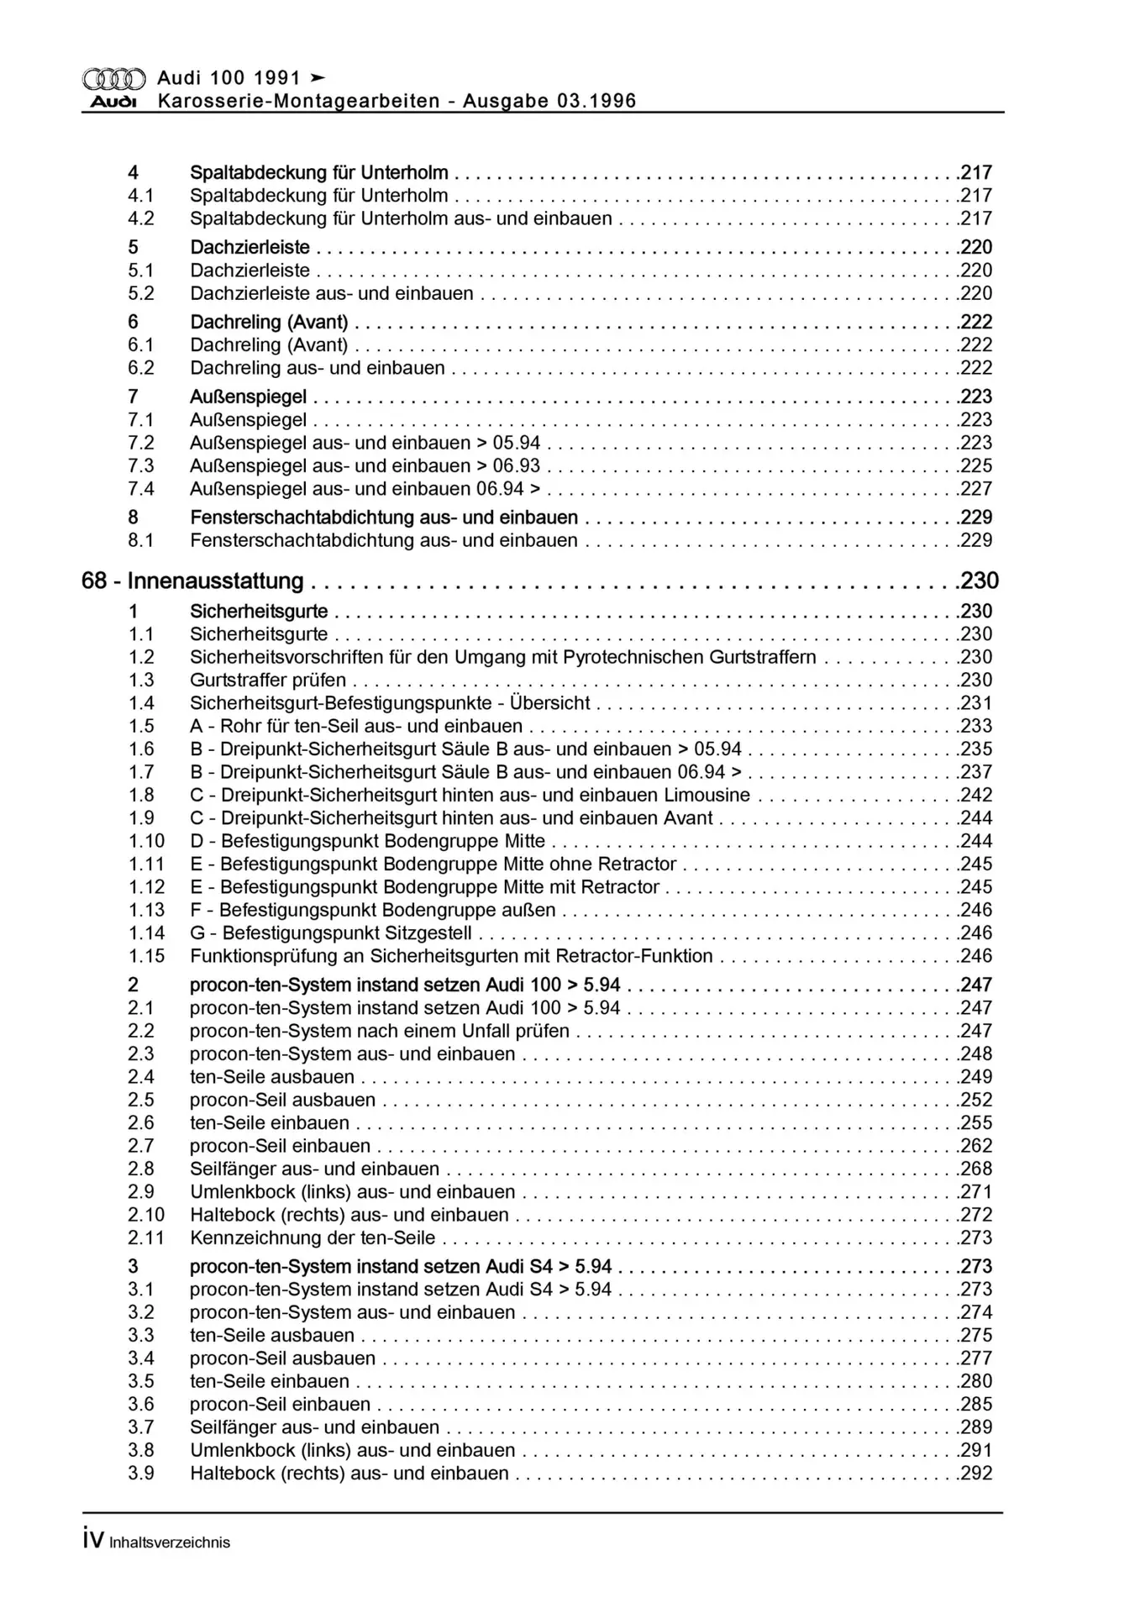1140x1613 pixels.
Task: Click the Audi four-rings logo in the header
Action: (113, 79)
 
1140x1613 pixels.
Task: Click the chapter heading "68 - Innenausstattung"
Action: (192, 581)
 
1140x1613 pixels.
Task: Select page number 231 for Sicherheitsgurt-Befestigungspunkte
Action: (976, 703)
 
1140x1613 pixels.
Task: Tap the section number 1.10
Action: (146, 841)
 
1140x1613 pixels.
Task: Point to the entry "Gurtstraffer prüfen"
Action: (268, 680)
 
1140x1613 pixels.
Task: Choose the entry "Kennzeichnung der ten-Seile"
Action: (313, 1237)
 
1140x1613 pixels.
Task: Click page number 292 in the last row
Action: (976, 1473)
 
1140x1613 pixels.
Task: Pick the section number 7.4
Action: (141, 489)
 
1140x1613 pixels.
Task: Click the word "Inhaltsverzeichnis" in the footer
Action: (170, 1542)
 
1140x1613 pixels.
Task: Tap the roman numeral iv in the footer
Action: (93, 1540)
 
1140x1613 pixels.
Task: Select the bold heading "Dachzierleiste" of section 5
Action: (250, 248)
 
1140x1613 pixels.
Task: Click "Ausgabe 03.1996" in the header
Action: (549, 102)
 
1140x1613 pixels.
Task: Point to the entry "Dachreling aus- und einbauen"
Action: (318, 368)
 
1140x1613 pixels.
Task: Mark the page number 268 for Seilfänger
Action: (976, 1169)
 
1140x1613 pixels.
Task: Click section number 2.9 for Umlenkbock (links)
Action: (141, 1191)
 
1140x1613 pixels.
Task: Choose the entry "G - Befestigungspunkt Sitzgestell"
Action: (331, 933)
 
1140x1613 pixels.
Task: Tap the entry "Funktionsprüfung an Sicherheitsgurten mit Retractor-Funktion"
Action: (451, 956)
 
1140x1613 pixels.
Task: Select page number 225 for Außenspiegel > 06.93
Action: (976, 466)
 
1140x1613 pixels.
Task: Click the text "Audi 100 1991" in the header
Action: (229, 78)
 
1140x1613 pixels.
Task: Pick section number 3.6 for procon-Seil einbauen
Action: (141, 1404)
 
